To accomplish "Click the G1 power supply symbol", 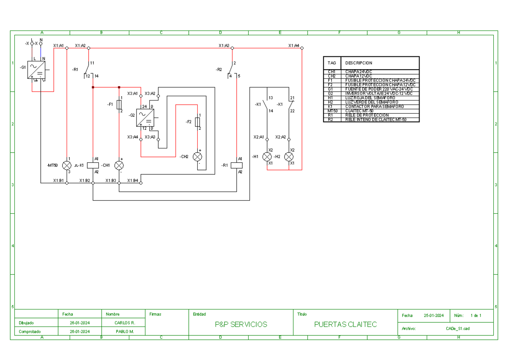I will pos(36,69).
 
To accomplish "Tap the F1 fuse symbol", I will pos(119,105).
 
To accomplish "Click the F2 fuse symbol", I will pos(197,122).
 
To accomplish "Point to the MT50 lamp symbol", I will pos(67,165).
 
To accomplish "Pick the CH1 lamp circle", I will pos(119,165).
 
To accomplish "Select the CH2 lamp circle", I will pos(197,156).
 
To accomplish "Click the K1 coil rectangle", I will pos(93,165).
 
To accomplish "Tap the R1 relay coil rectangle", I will pos(236,165).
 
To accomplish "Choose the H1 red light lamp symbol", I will pos(267,156).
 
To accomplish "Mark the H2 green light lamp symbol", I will pos(289,156).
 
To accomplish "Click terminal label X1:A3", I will pos(224,45).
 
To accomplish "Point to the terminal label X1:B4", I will pos(132,181).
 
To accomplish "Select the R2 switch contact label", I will pos(218,69).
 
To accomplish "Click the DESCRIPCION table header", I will pos(358,63).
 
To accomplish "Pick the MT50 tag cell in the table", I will pos(332,111).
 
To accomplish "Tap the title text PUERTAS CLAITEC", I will pos(345,324).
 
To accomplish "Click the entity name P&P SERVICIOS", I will pos(241,324).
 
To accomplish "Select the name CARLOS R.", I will pos(125,323).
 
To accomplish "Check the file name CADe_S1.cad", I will pos(457,328).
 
